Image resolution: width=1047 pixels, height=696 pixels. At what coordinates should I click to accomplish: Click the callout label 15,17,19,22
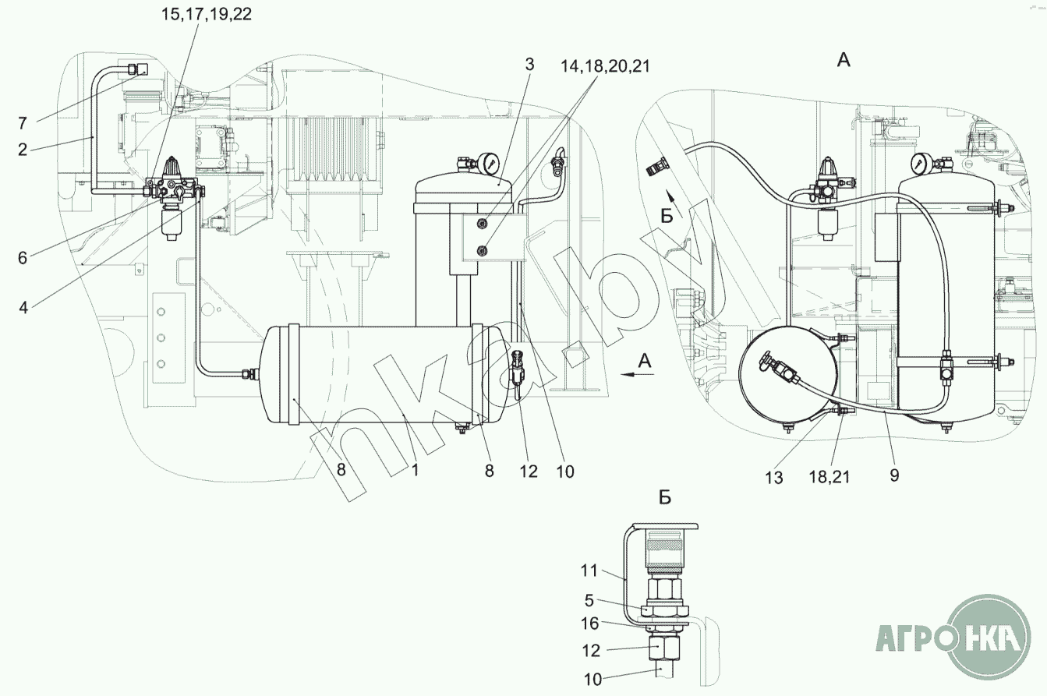[207, 14]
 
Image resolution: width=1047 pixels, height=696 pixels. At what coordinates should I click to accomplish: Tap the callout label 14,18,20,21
[605, 66]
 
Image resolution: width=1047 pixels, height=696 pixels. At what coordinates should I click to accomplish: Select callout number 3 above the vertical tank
[529, 65]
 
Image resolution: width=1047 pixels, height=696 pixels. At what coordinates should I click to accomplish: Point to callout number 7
[23, 123]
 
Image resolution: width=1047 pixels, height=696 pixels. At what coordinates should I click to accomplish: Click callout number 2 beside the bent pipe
[23, 150]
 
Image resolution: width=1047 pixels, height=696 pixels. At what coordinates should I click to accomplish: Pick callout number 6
[23, 257]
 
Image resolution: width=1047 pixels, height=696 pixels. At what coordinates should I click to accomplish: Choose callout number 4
[23, 308]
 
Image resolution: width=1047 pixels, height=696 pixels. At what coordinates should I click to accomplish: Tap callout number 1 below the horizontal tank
[415, 470]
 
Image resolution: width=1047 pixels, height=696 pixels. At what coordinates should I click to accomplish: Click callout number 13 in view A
[774, 478]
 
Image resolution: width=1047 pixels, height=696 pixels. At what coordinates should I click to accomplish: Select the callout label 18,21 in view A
[829, 477]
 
